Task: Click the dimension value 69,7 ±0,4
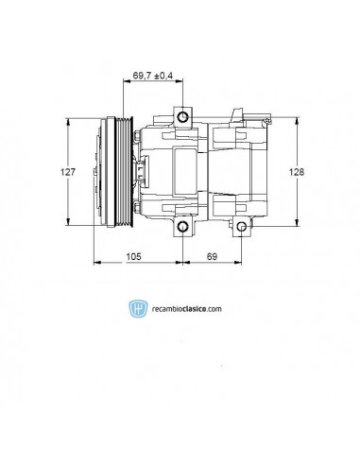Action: (x=153, y=76)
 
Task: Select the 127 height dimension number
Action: (x=68, y=172)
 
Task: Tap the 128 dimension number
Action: (x=297, y=172)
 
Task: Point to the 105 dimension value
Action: (x=133, y=256)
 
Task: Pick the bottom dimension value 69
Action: (x=212, y=256)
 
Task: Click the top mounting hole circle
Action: (x=182, y=117)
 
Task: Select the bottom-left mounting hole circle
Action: (x=182, y=227)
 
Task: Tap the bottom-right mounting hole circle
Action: (x=242, y=227)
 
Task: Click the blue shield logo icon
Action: (x=138, y=308)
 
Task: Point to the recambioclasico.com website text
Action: (x=187, y=309)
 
